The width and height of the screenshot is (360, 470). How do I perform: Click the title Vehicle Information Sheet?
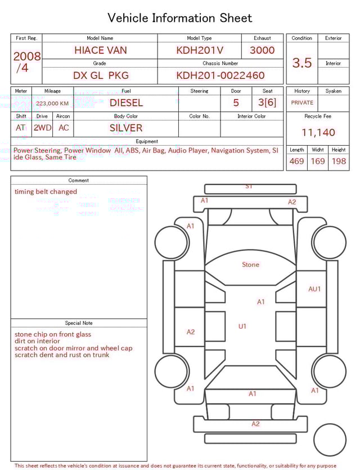pyautogui.click(x=179, y=18)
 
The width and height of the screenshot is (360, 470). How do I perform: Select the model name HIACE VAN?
pyautogui.click(x=101, y=50)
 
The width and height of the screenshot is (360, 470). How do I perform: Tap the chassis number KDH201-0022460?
pyautogui.click(x=220, y=75)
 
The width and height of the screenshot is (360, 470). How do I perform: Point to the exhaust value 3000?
pyautogui.click(x=262, y=50)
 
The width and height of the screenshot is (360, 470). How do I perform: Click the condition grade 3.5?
pyautogui.click(x=302, y=62)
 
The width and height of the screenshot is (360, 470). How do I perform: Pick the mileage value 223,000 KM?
pyautogui.click(x=52, y=104)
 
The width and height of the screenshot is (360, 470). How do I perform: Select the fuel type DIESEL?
pyautogui.click(x=126, y=103)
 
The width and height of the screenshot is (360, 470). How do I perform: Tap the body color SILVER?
pyautogui.click(x=126, y=128)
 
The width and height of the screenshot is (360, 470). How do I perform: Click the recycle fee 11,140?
pyautogui.click(x=318, y=132)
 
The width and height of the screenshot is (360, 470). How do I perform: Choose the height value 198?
pyautogui.click(x=339, y=161)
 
